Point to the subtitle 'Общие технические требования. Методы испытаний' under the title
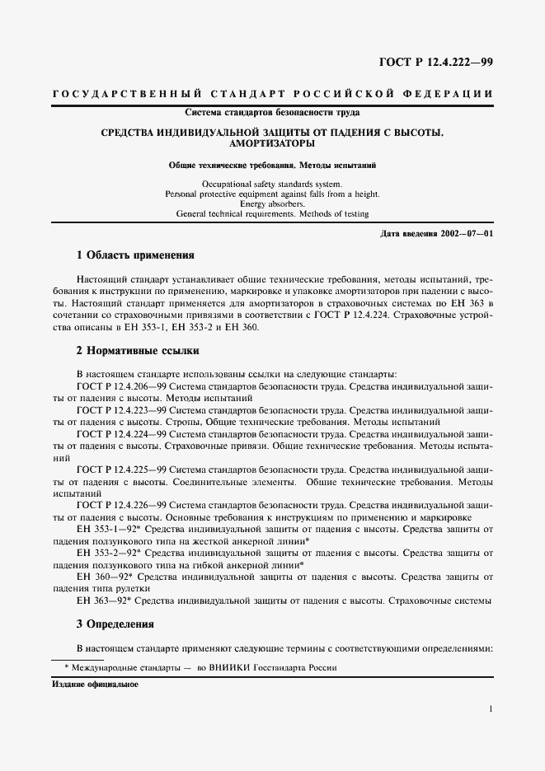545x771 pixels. click(272, 165)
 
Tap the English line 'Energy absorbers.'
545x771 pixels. click(272, 203)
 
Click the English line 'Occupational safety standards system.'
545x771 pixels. click(272, 184)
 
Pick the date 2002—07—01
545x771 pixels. click(464, 234)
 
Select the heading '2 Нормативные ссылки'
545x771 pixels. click(138, 350)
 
